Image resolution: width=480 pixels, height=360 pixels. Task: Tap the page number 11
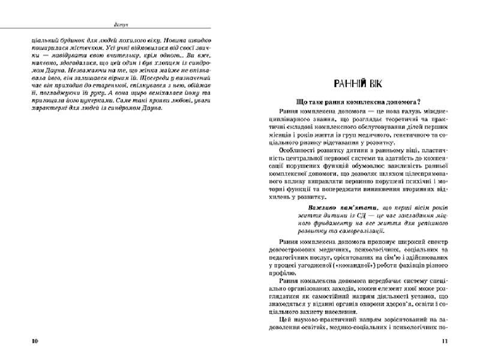point(445,341)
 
